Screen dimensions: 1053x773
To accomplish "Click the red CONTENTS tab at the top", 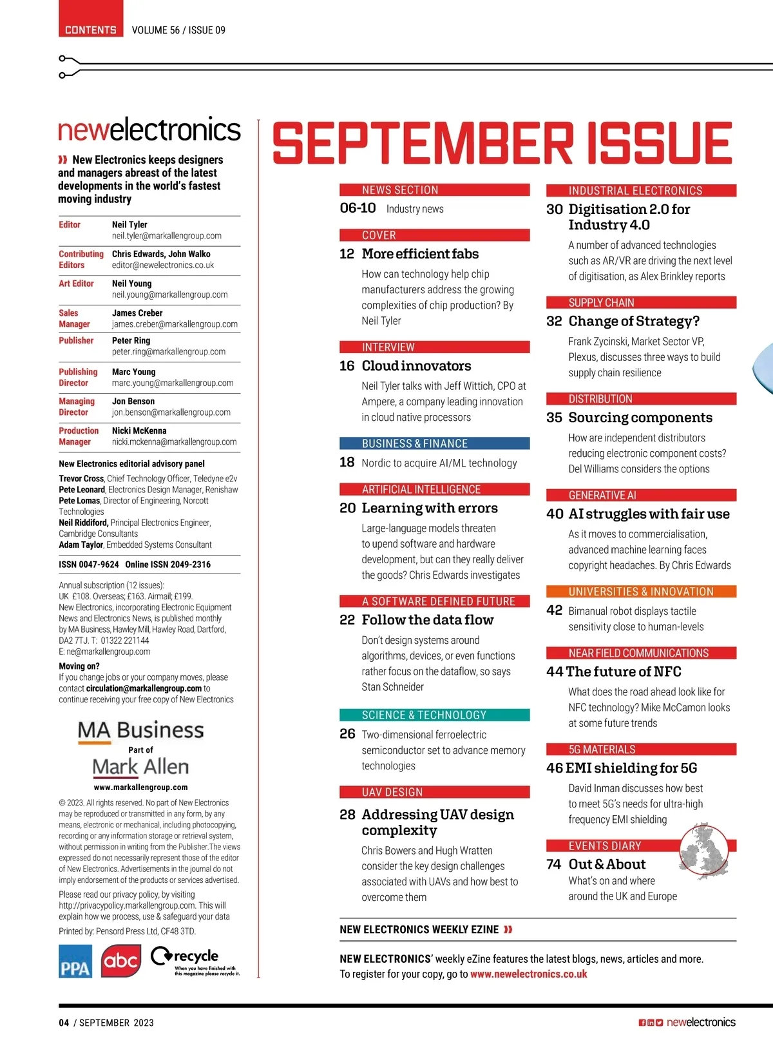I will click(91, 30).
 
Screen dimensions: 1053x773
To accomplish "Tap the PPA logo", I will click(75, 961).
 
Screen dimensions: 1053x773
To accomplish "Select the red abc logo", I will click(120, 961).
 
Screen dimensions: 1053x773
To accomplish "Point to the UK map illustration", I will click(704, 850).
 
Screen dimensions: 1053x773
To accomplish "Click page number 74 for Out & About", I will click(554, 864).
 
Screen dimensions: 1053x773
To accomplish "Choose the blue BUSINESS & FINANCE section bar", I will click(434, 443).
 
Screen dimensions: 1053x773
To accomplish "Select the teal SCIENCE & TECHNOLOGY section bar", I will click(434, 715).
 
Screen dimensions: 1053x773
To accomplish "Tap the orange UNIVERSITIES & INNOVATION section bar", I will click(641, 592).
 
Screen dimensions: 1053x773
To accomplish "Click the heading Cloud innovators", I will click(416, 366).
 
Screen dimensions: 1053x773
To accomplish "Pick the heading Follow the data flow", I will click(427, 620).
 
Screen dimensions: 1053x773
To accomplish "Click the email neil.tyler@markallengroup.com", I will click(166, 236).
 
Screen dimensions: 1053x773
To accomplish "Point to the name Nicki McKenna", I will click(139, 430).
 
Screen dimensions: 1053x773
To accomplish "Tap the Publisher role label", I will click(76, 340).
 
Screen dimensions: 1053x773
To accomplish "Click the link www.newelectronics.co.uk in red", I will click(528, 974).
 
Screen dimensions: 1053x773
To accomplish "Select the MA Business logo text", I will click(140, 730).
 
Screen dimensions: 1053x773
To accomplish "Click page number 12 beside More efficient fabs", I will click(347, 254).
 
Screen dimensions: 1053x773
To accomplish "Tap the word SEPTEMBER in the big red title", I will click(423, 143).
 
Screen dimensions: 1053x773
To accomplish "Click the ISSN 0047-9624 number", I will click(89, 565).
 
